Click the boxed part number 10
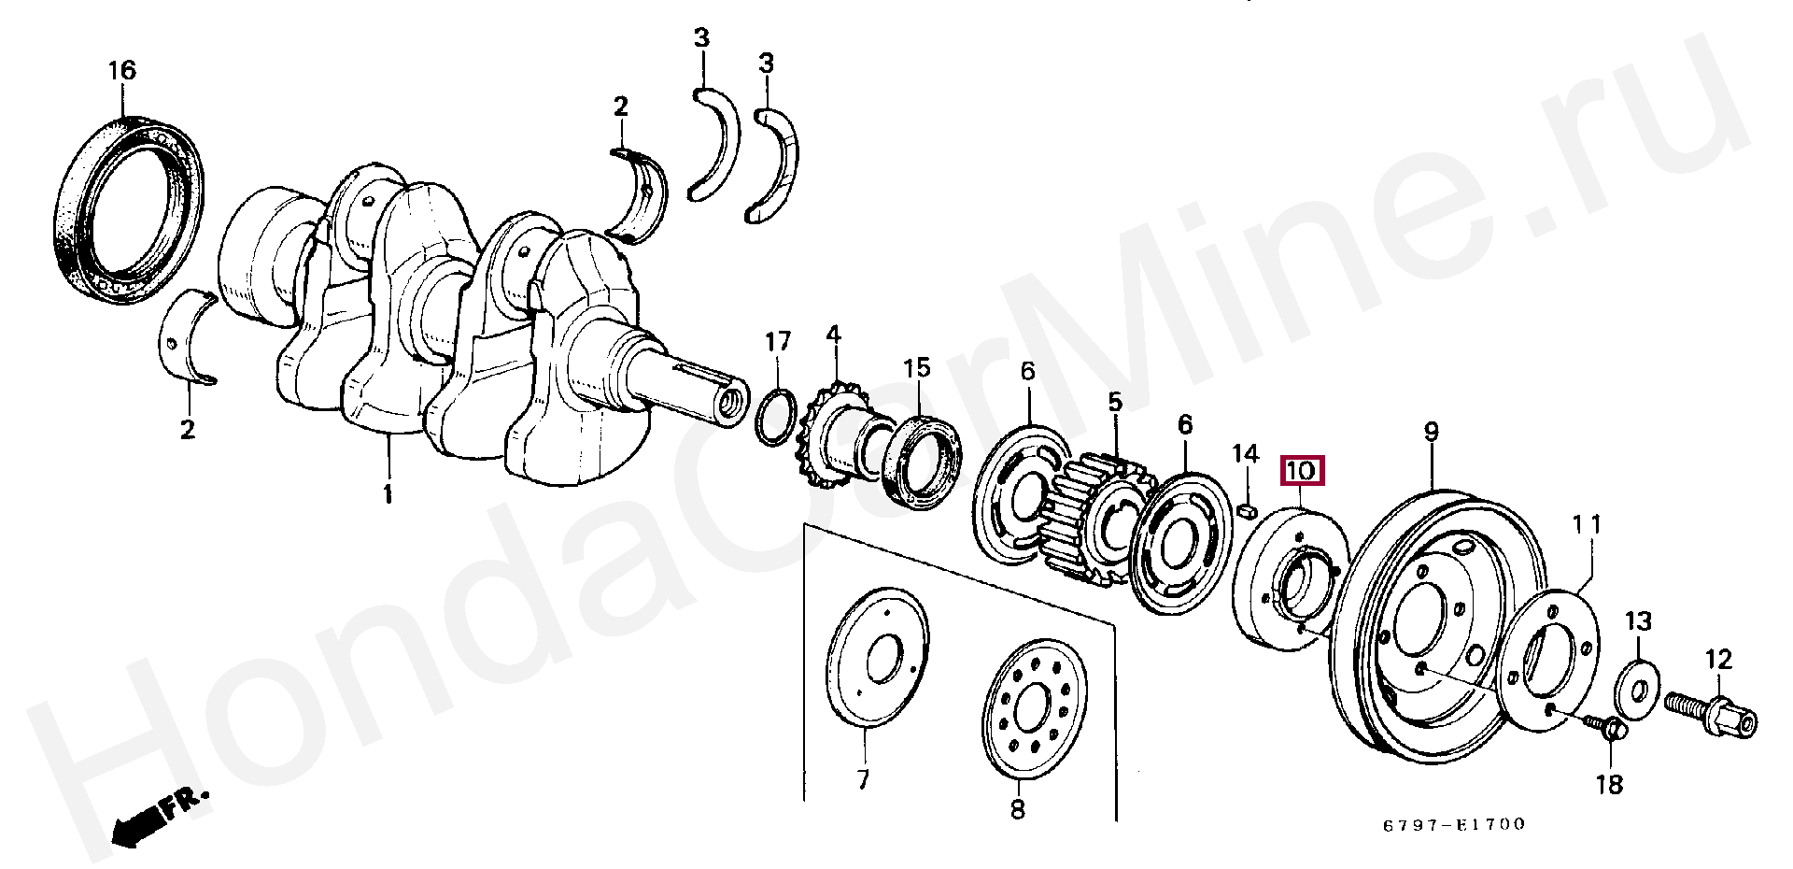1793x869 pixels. click(x=1301, y=471)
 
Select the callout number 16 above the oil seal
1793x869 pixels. click(x=121, y=71)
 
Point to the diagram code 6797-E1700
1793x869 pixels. click(x=1454, y=824)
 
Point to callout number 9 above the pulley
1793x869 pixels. click(x=1431, y=432)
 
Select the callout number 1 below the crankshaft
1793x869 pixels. click(x=388, y=493)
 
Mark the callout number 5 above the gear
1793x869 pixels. click(x=1115, y=403)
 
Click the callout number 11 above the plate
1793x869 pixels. click(x=1588, y=525)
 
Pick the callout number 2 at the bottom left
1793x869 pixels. click(x=188, y=430)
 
